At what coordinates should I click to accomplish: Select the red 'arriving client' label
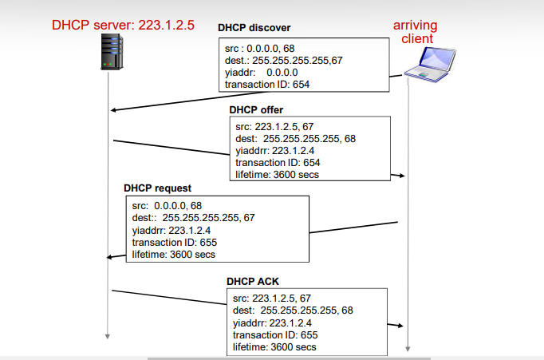click(414, 32)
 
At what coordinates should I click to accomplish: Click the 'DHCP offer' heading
click(256, 109)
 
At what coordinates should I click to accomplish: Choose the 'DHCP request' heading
click(157, 188)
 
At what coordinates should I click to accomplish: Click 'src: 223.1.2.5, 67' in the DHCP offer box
click(273, 126)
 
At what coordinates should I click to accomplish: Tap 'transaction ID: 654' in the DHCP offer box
click(278, 163)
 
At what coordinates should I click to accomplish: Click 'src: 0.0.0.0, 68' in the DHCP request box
click(167, 205)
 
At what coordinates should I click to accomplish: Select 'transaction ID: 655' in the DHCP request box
click(174, 242)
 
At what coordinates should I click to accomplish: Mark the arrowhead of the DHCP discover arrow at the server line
click(114, 110)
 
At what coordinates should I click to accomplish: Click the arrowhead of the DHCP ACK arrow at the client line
click(402, 326)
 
